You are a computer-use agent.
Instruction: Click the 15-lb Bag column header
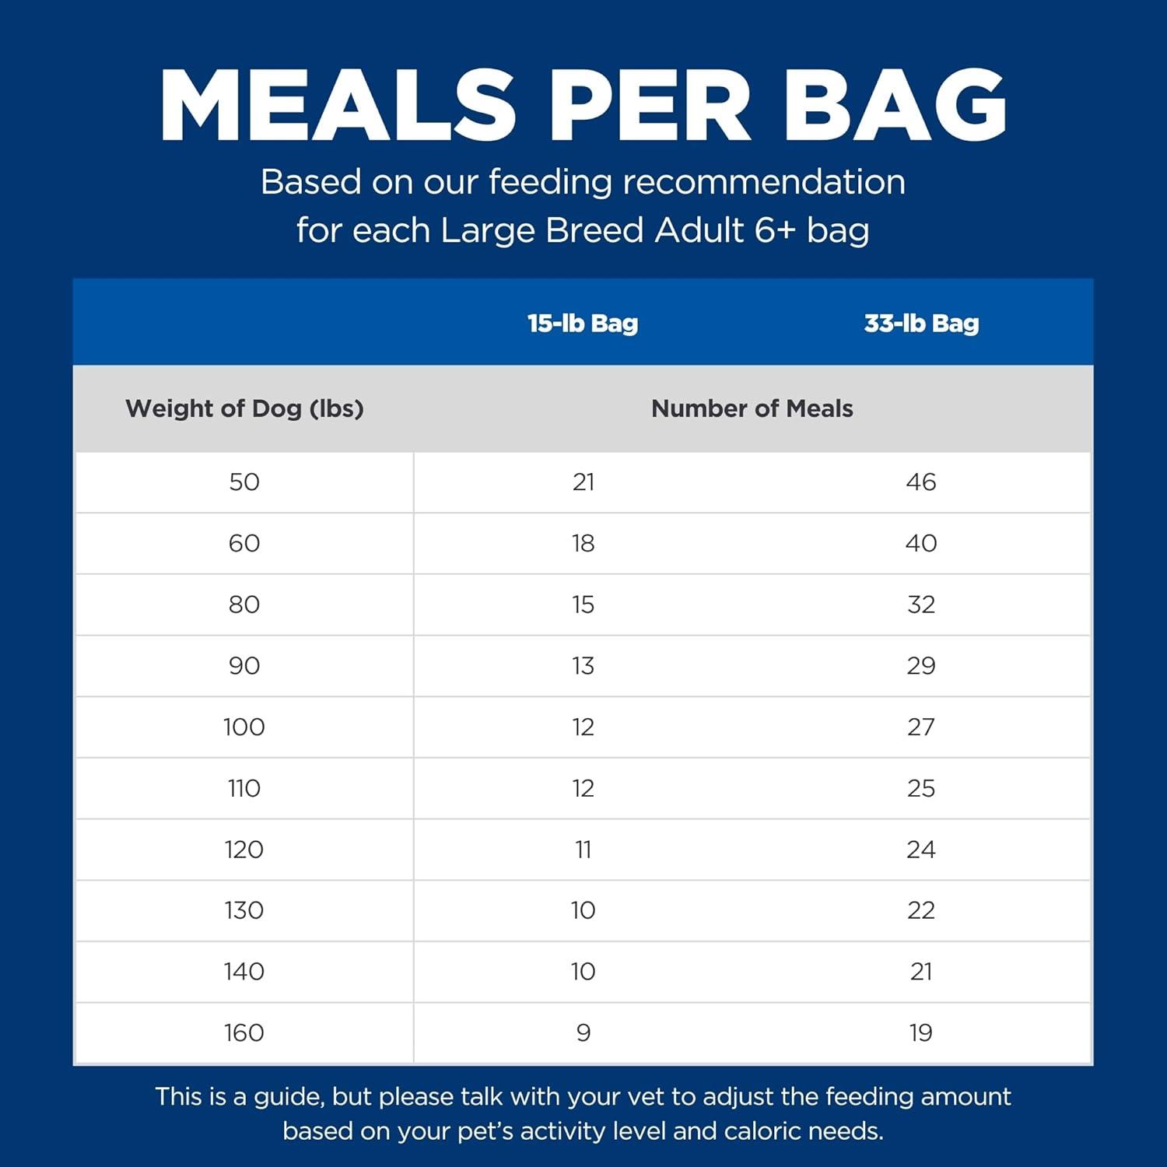[x=583, y=324]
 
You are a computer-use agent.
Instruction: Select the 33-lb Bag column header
[x=921, y=324]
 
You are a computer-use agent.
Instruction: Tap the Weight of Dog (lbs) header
[x=244, y=408]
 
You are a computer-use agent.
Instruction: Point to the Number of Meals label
[x=752, y=408]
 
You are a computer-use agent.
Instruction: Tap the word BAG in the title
[x=895, y=107]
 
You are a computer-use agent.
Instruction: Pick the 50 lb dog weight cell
[x=244, y=482]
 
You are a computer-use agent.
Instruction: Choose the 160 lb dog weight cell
[x=244, y=1033]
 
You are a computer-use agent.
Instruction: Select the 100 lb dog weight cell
[x=244, y=727]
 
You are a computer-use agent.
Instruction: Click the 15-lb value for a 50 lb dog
[x=583, y=482]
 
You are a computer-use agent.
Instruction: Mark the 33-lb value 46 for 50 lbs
[x=921, y=482]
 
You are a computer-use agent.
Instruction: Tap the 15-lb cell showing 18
[x=583, y=543]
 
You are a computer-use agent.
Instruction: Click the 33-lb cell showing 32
[x=921, y=605]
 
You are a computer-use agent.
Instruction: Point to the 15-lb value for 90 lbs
[x=583, y=666]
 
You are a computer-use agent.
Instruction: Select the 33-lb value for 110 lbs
[x=921, y=788]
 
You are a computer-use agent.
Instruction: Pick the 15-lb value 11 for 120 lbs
[x=583, y=850]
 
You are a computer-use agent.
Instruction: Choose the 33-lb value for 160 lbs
[x=921, y=1033]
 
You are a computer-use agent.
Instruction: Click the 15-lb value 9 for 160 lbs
[x=583, y=1033]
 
